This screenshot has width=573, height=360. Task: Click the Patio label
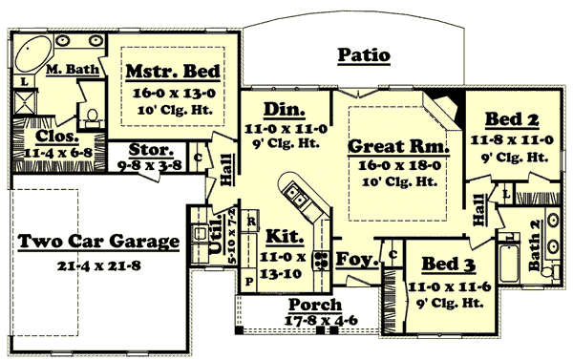coord(364,55)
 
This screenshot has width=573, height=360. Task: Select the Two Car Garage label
coord(99,242)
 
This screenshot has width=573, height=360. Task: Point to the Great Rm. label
coord(398,147)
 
